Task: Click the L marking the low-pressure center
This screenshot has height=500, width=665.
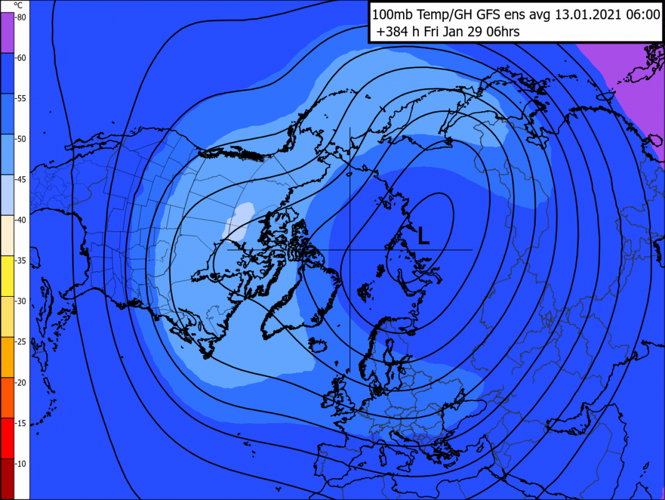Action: point(423,236)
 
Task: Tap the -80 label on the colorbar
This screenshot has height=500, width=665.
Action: point(21,17)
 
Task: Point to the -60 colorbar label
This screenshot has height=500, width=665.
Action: point(21,58)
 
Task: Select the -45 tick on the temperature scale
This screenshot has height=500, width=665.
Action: point(21,179)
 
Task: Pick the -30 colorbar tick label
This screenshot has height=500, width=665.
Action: point(21,301)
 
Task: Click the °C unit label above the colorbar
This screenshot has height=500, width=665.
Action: point(18,5)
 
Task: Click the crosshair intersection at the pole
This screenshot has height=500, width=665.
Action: point(349,250)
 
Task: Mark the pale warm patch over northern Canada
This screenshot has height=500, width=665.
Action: point(241,219)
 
